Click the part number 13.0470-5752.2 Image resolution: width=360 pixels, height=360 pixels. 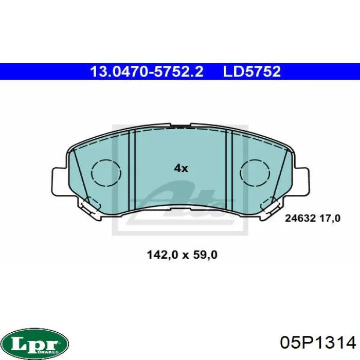click(x=147, y=71)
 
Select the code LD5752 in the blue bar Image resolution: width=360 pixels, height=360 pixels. click(x=252, y=71)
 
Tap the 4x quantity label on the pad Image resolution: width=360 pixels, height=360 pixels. click(x=181, y=169)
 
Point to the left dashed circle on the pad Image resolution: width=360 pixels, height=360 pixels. click(x=106, y=173)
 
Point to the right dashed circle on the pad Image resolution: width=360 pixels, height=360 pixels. click(x=255, y=173)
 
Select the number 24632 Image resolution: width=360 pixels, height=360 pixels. click(x=300, y=218)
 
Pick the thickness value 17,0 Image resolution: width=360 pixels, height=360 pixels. click(x=330, y=218)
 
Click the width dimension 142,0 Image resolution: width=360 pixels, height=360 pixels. click(x=163, y=255)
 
